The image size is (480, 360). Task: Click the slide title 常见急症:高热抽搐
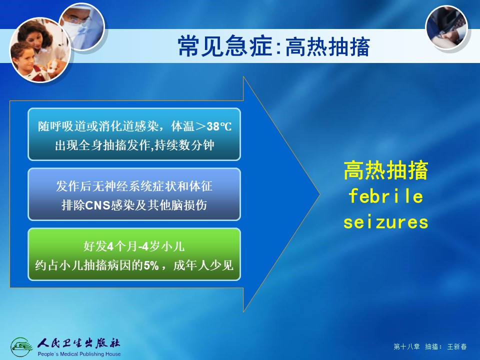273,46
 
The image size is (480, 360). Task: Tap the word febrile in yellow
385,196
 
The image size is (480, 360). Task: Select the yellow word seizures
385,222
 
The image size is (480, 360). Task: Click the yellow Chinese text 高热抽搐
385,170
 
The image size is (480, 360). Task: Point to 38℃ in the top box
219,126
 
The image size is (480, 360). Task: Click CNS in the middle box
97,205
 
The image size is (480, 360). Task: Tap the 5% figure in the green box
151,265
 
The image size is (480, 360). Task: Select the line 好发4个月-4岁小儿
134,246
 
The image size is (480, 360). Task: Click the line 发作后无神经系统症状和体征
134,186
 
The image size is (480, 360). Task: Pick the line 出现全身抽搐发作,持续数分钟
134,145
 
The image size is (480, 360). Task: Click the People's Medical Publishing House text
79,354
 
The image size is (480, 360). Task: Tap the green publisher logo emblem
21,347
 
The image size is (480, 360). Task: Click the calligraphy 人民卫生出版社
79,343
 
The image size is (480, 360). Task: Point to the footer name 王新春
457,346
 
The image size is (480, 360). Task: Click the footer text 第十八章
406,346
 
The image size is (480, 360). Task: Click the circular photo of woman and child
40,50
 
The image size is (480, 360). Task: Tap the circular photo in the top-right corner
446,27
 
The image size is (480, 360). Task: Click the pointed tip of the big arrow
319,194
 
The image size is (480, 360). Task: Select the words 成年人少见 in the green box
203,265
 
